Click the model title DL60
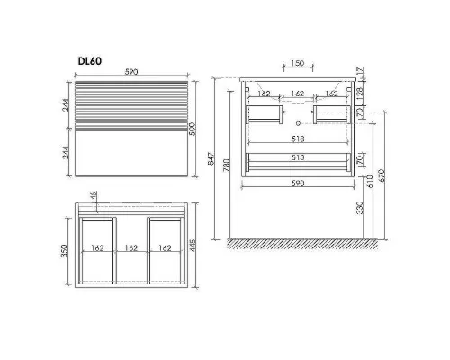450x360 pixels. pyautogui.click(x=90, y=61)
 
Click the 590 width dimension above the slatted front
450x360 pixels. pyautogui.click(x=131, y=72)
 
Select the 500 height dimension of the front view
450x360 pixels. pyautogui.click(x=193, y=129)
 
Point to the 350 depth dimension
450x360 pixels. pyautogui.click(x=65, y=251)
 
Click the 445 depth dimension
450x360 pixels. pyautogui.click(x=193, y=245)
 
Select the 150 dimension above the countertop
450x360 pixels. pyautogui.click(x=298, y=63)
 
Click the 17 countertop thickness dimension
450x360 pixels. pyautogui.click(x=360, y=71)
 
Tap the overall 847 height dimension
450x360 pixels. pyautogui.click(x=211, y=158)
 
